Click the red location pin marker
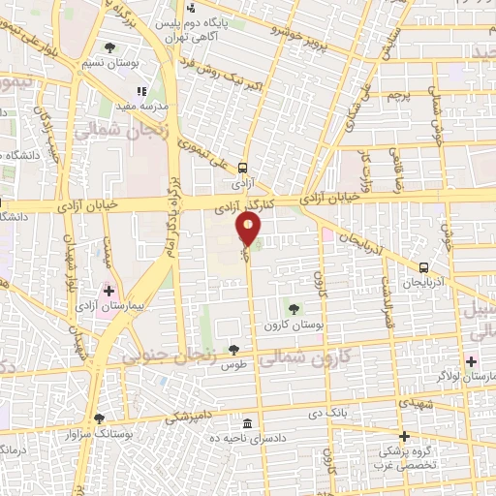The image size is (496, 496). pos(249,230)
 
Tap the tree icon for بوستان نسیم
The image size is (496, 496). pos(109,47)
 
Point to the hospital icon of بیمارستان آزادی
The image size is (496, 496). pos(108,290)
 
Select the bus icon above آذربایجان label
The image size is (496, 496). pos(423,266)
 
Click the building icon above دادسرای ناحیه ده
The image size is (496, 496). pos(248,424)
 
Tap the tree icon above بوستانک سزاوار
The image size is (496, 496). pos(99,419)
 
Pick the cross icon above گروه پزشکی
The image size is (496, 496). pos(405,436)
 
